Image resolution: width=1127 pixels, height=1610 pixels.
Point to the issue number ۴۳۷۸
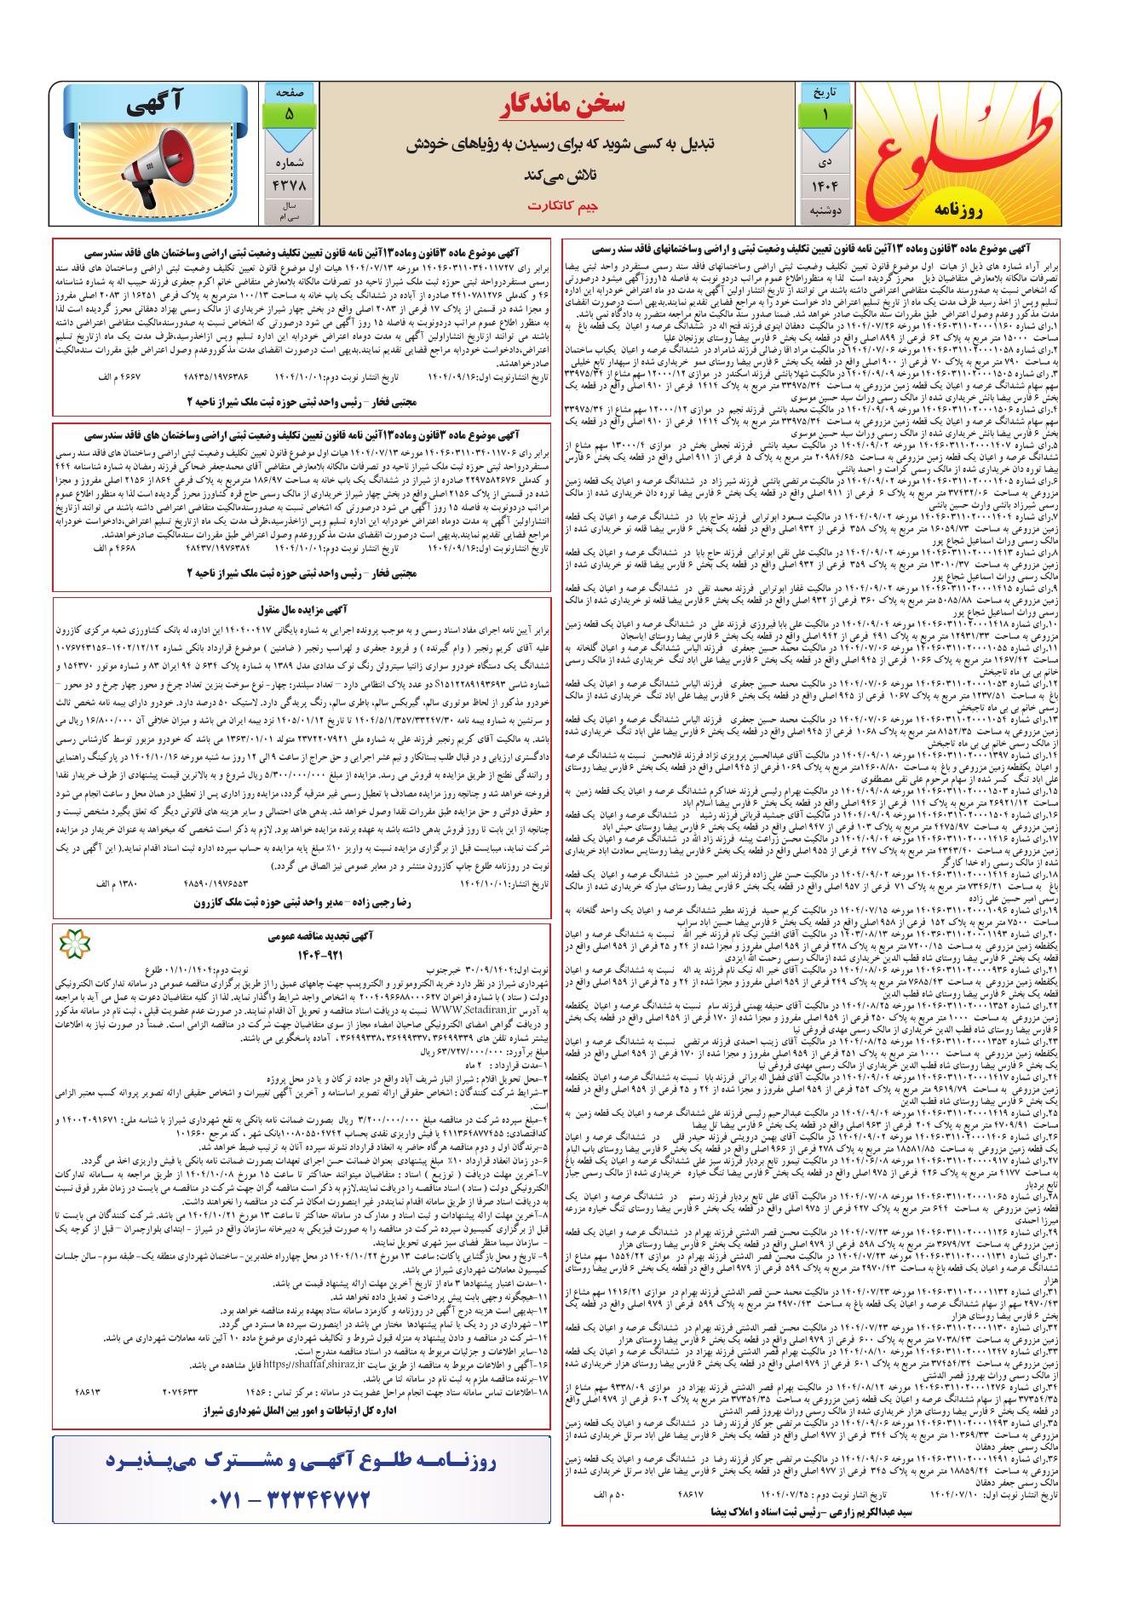pyautogui.click(x=289, y=183)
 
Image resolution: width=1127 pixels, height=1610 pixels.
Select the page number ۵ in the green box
pyautogui.click(x=289, y=113)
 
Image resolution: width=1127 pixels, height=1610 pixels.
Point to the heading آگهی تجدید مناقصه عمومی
pyautogui.click(x=302, y=935)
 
